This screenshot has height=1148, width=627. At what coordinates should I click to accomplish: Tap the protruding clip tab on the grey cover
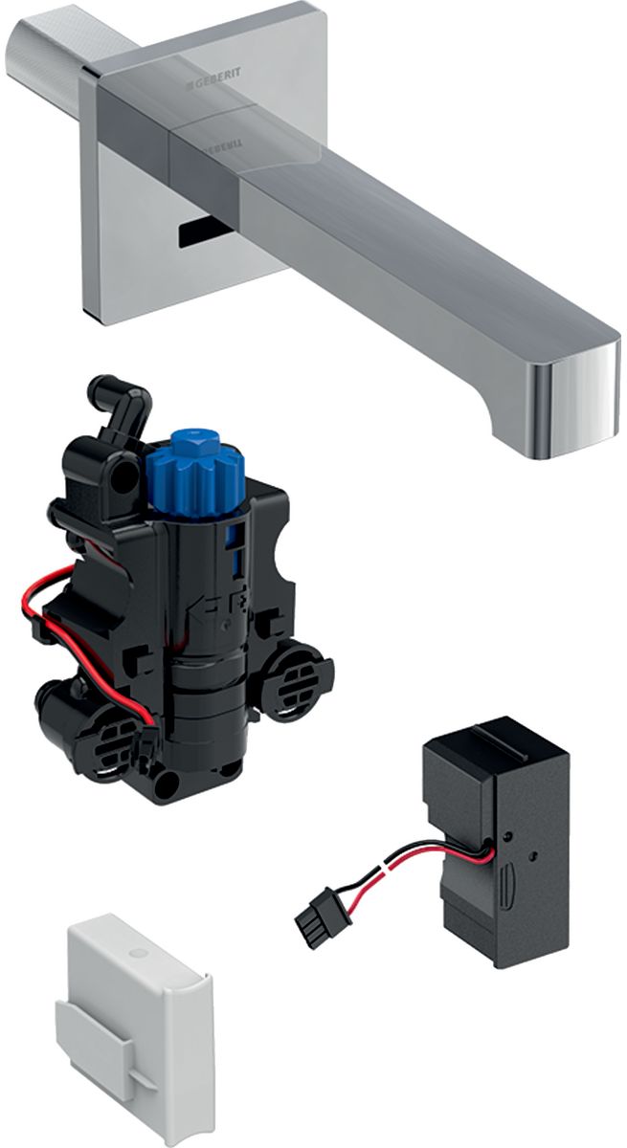[110, 1038]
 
